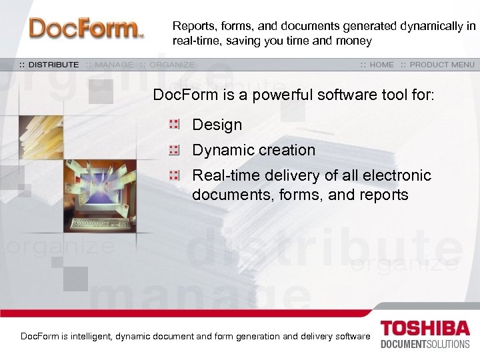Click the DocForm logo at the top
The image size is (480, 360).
(x=86, y=29)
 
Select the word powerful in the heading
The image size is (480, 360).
(x=273, y=95)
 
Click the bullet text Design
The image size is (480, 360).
(x=217, y=125)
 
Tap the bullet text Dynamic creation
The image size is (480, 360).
(x=253, y=150)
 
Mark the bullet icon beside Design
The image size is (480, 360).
(x=174, y=124)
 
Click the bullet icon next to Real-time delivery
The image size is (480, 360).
(x=174, y=176)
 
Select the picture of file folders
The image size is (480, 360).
(x=41, y=137)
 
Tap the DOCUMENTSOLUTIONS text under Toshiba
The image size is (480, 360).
(x=425, y=345)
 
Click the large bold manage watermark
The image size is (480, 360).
(x=200, y=293)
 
